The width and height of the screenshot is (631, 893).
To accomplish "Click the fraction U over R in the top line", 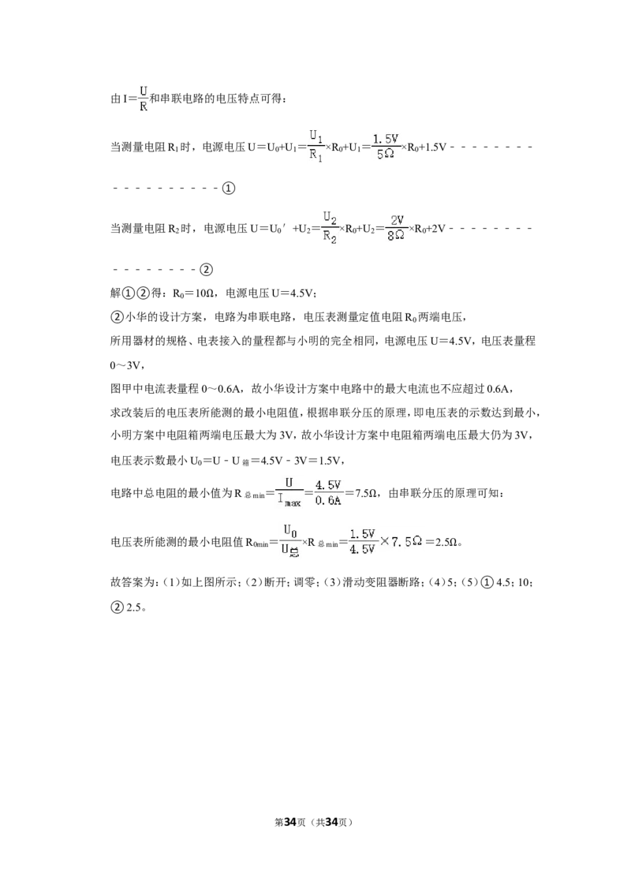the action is click(143, 99).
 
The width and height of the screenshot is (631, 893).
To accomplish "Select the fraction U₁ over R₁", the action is click(316, 147).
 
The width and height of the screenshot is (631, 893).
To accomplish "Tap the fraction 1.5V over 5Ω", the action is click(386, 147).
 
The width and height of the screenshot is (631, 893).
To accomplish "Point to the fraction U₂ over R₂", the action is click(330, 228).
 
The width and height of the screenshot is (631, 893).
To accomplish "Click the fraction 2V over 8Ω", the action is click(397, 228).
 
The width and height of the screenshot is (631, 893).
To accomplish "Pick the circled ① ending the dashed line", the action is click(229, 188).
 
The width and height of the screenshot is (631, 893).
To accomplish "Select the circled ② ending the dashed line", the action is click(206, 269).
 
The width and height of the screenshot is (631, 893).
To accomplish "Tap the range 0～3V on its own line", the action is click(125, 365).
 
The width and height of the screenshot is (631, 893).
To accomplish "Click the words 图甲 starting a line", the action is click(120, 389).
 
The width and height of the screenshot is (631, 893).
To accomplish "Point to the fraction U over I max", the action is click(289, 492).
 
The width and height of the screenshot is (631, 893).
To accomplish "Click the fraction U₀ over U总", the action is click(290, 541).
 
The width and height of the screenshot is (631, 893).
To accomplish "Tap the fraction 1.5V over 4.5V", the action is click(362, 541).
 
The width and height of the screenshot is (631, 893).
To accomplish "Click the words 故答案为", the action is click(133, 583).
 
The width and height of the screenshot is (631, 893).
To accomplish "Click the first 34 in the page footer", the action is click(290, 822).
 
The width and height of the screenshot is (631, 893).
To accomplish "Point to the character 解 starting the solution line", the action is click(116, 294).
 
